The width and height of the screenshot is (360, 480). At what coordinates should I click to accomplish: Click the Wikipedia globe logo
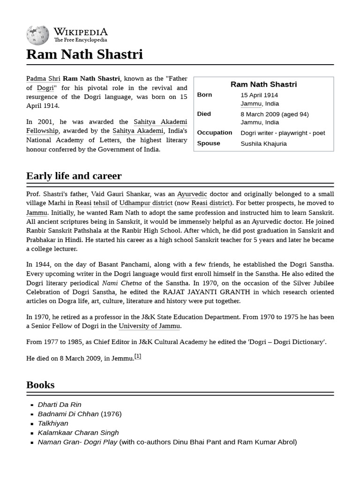37,34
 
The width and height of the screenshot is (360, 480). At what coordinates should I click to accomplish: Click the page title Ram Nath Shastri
84,54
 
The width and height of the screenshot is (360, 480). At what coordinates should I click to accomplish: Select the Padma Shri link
43,78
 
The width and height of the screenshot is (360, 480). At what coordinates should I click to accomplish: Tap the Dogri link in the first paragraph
45,88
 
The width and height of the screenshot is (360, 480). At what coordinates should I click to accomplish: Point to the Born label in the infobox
204,95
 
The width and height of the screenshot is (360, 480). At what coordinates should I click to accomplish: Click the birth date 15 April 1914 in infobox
259,95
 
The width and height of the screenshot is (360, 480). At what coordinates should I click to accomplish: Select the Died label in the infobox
204,114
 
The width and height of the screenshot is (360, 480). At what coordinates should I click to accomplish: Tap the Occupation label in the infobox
214,133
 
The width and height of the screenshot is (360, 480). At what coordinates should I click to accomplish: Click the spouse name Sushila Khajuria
263,143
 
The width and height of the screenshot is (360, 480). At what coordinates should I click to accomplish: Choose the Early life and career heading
74,176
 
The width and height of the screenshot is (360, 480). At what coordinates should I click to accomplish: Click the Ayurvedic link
192,194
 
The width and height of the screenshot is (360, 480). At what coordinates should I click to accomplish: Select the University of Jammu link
149,326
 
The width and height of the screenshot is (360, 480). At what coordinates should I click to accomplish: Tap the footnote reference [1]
138,356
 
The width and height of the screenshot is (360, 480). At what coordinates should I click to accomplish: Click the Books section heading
40,384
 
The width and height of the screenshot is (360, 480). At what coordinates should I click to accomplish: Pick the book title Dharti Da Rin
60,405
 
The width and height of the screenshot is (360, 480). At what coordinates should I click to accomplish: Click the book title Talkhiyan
53,423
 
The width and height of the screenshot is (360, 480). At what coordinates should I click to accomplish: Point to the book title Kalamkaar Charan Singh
78,433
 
